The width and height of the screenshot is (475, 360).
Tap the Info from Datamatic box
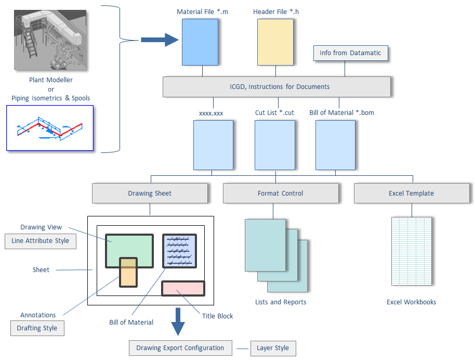pos(350,53)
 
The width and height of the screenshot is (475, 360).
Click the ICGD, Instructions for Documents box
pos(276,87)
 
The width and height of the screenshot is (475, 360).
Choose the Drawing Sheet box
pos(150,194)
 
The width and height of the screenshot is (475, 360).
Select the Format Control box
pos(281,194)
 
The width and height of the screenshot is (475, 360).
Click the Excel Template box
pos(411,194)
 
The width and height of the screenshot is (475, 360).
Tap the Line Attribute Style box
pos(40,241)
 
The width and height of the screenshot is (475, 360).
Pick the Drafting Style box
pos(37,328)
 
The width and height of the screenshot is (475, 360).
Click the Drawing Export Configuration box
pos(180,348)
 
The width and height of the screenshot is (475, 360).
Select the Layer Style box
pos(273,348)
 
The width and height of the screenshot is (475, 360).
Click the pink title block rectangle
pos(183,288)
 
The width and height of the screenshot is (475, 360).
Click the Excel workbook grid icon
pos(411,251)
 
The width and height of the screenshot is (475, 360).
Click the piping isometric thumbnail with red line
pos(50,128)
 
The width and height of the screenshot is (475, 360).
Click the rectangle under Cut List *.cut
pos(274,145)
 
